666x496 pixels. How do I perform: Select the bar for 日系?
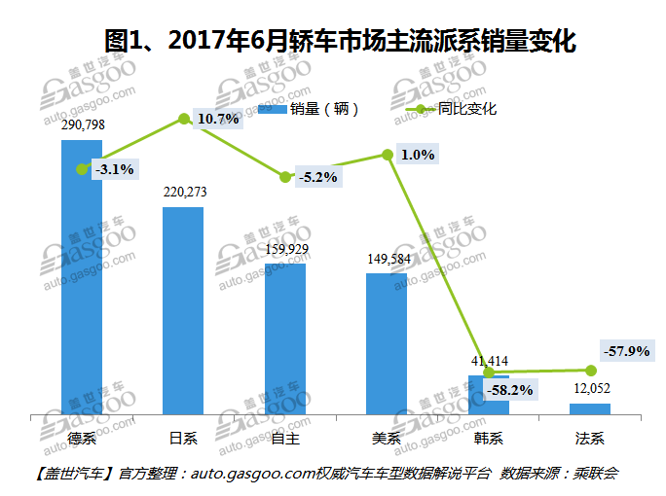click(x=183, y=311)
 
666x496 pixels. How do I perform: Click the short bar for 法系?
click(x=590, y=408)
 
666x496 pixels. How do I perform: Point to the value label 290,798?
click(x=83, y=125)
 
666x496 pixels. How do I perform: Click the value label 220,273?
click(x=184, y=193)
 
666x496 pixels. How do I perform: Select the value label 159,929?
click(x=285, y=249)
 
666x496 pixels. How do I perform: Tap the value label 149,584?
click(x=387, y=259)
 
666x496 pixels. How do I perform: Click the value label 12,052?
click(x=590, y=389)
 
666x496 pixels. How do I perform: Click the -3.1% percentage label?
click(x=114, y=169)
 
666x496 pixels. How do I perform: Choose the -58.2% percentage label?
click(x=508, y=390)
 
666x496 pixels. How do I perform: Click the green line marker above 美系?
click(x=388, y=154)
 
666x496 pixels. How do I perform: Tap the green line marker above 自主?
click(x=285, y=177)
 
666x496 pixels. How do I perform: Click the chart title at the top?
click(x=332, y=41)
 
